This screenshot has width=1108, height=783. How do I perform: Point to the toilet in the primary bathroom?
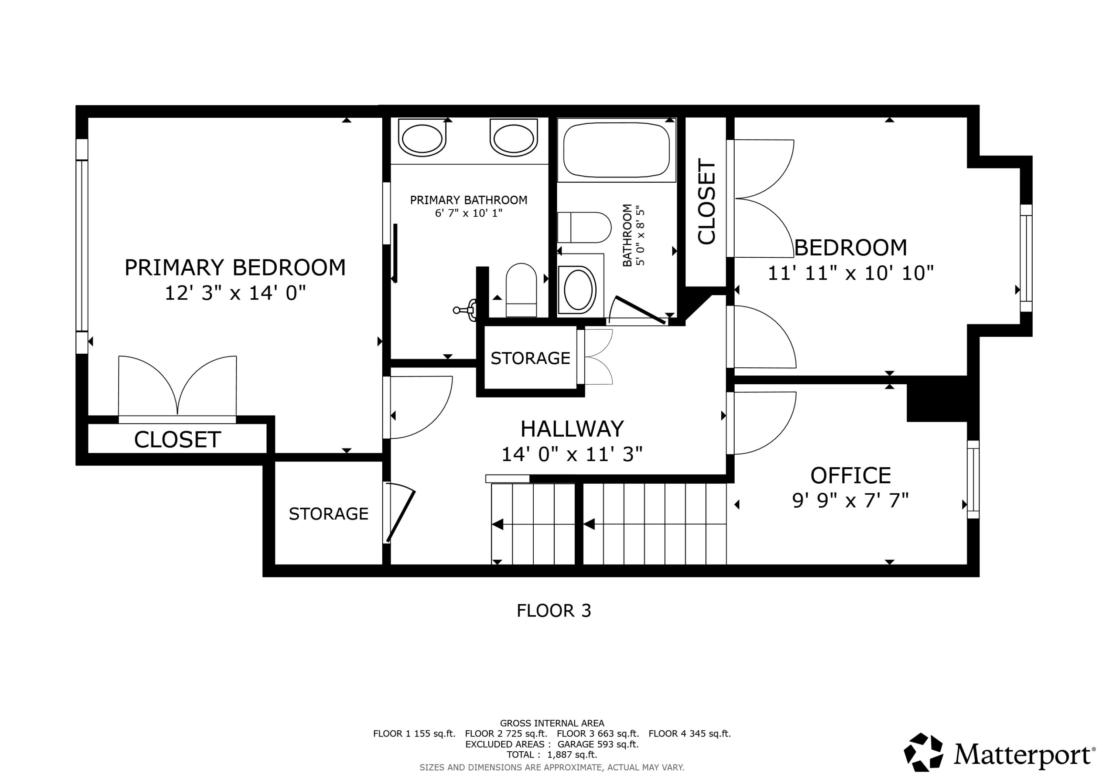pyautogui.click(x=521, y=291)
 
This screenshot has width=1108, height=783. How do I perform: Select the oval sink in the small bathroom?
pyautogui.click(x=578, y=289)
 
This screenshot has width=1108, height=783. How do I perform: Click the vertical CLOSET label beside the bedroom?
pyautogui.click(x=706, y=201)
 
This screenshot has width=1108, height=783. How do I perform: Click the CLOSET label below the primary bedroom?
pyautogui.click(x=177, y=440)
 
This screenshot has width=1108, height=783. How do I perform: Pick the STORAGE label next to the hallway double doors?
pyautogui.click(x=530, y=358)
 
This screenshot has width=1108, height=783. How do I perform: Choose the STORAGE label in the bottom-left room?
pyautogui.click(x=328, y=514)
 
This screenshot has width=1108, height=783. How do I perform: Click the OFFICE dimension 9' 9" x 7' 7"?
pyautogui.click(x=850, y=501)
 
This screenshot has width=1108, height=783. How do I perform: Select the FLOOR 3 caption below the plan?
pyautogui.click(x=554, y=611)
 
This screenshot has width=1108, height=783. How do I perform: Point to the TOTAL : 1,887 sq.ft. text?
pyautogui.click(x=551, y=755)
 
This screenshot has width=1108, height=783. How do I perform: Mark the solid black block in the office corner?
pyautogui.click(x=936, y=402)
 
